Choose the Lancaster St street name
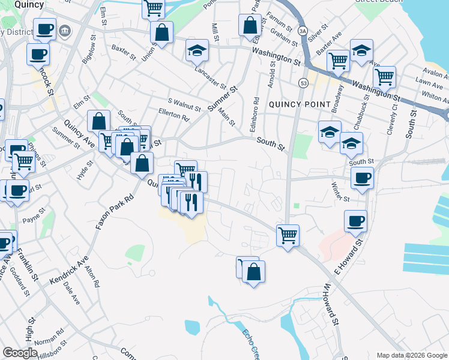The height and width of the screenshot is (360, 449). tap(210, 77)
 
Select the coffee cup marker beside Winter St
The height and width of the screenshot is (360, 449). tap(362, 178)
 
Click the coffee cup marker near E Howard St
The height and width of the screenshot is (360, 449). tap(355, 221)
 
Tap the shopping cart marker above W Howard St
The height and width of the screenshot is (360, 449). tap(288, 235)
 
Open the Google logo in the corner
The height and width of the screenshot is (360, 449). tap(20, 353)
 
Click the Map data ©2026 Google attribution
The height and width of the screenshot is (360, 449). tap(411, 355)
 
